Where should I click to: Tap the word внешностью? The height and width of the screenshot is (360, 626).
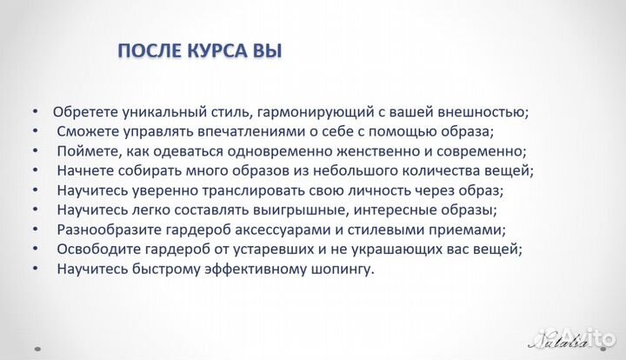coord(479,112)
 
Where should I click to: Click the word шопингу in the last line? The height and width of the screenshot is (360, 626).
coord(342,270)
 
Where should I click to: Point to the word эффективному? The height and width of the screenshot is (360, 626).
coord(256,270)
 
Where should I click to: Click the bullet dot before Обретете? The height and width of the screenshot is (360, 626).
coord(34,112)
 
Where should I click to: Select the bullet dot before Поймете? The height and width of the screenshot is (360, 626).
coord(34,151)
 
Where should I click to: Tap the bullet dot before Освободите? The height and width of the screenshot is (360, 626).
coord(34,250)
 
